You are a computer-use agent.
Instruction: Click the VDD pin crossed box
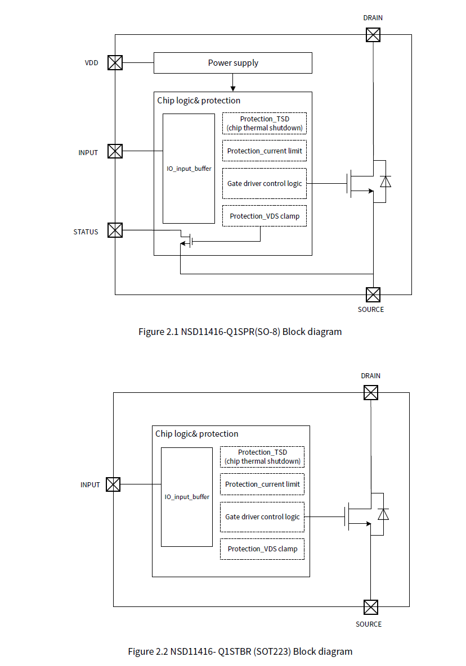[x=115, y=62]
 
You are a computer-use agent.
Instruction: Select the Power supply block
[x=232, y=63]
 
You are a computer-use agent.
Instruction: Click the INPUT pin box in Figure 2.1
[x=115, y=151]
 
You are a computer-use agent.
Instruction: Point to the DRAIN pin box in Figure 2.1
[x=373, y=35]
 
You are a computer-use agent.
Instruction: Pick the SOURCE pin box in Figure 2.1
[x=373, y=294]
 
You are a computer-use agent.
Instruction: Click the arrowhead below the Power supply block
[x=232, y=88]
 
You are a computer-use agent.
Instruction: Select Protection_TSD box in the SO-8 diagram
[x=264, y=123]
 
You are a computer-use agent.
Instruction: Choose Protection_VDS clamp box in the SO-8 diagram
[x=264, y=216]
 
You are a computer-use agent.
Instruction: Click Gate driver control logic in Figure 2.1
[x=264, y=184]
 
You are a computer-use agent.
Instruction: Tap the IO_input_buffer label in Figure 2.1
[x=189, y=168]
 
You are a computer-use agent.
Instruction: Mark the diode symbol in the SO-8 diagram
[x=386, y=182]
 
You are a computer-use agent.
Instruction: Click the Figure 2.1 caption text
[x=240, y=332]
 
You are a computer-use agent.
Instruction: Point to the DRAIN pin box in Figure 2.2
[x=370, y=392]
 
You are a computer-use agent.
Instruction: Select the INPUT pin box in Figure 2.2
[x=113, y=484]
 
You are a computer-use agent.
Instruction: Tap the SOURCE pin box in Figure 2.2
[x=370, y=607]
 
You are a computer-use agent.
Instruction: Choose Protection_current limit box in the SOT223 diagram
[x=262, y=484]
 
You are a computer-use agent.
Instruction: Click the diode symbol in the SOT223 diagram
[x=383, y=514]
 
